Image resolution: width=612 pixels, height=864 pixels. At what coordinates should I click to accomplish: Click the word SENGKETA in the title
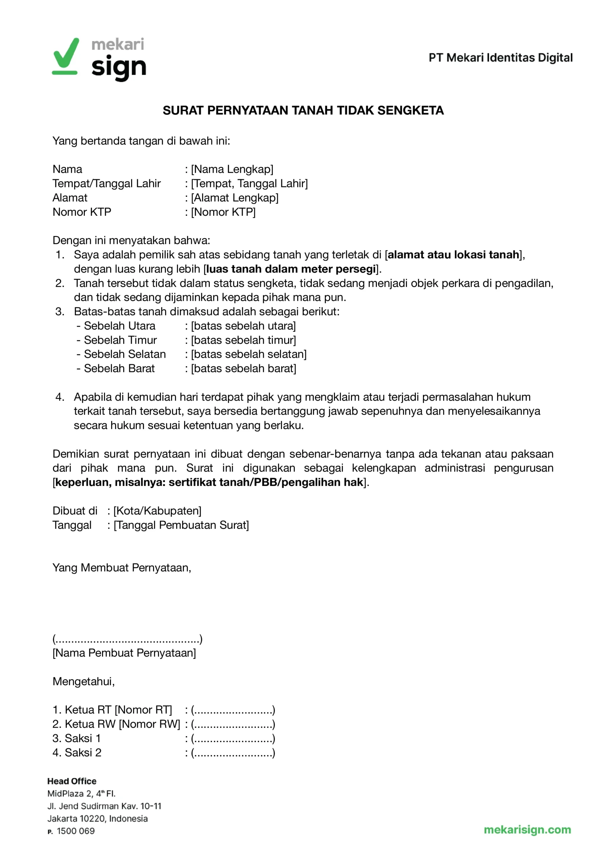click(410, 110)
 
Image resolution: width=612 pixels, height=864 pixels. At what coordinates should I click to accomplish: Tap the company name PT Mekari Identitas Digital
click(501, 58)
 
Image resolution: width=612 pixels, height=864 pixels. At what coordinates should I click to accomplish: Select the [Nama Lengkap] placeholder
click(232, 169)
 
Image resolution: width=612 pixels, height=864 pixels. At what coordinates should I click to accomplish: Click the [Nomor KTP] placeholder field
click(223, 212)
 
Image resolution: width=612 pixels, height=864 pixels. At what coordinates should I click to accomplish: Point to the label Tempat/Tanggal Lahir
click(107, 183)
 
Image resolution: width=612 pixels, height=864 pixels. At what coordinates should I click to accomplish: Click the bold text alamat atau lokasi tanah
click(453, 254)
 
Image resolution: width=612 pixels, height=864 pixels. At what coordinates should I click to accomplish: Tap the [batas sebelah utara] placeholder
click(244, 326)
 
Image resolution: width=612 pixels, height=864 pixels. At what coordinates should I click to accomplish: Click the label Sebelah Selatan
click(124, 354)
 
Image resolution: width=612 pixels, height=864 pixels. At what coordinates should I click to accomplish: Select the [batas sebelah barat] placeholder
click(244, 368)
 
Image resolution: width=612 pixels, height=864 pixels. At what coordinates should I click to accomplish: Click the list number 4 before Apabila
click(59, 397)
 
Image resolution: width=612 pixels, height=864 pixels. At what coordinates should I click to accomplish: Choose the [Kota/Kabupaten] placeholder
click(157, 511)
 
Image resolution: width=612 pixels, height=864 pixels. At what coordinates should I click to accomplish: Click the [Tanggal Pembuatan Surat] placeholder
click(181, 525)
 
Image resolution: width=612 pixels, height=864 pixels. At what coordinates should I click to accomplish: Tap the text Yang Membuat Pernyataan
click(122, 567)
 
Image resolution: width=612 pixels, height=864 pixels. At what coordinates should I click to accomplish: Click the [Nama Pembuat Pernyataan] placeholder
click(124, 652)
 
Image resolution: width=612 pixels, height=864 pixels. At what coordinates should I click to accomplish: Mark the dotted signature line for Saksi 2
click(233, 753)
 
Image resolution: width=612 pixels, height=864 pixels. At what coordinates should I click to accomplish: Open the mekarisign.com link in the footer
click(527, 829)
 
